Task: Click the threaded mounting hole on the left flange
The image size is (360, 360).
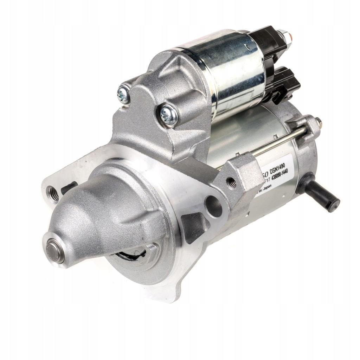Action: click(x=53, y=194)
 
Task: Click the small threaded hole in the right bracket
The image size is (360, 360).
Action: click(x=231, y=182)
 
